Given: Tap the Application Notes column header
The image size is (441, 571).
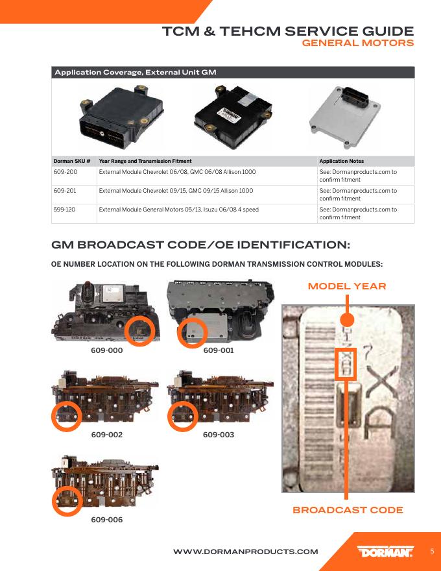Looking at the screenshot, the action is tap(342, 161).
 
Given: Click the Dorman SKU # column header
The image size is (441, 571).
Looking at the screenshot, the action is tap(71, 161).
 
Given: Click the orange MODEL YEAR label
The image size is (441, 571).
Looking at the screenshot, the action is tap(347, 286).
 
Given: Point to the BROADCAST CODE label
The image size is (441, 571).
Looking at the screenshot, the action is tap(348, 510).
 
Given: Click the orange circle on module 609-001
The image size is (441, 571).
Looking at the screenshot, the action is tap(191, 333).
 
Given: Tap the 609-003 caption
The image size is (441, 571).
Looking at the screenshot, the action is tap(219, 435).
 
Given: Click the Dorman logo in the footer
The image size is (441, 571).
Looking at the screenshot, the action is tap(385, 552).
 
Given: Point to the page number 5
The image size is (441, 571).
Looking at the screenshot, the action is tap(432, 552).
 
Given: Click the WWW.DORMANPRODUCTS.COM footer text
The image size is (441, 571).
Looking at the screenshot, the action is tap(246, 552).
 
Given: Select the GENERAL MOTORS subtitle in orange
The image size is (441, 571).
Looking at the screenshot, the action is tap(358, 43).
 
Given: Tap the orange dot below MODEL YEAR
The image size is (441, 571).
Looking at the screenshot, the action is tap(347, 320).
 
